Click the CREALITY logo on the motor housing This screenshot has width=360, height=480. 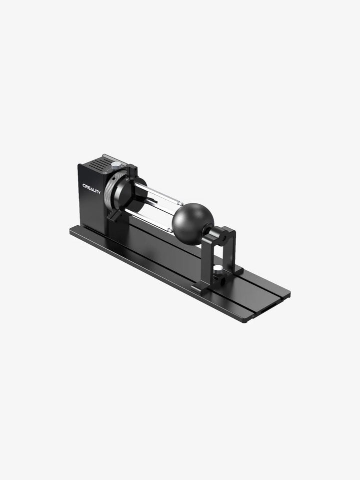(x=91, y=189)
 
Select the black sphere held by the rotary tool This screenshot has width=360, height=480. (x=192, y=224)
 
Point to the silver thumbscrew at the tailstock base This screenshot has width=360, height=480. (x=218, y=269)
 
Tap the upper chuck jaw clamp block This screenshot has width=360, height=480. (x=132, y=173)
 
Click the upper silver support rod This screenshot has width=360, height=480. (x=158, y=193)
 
